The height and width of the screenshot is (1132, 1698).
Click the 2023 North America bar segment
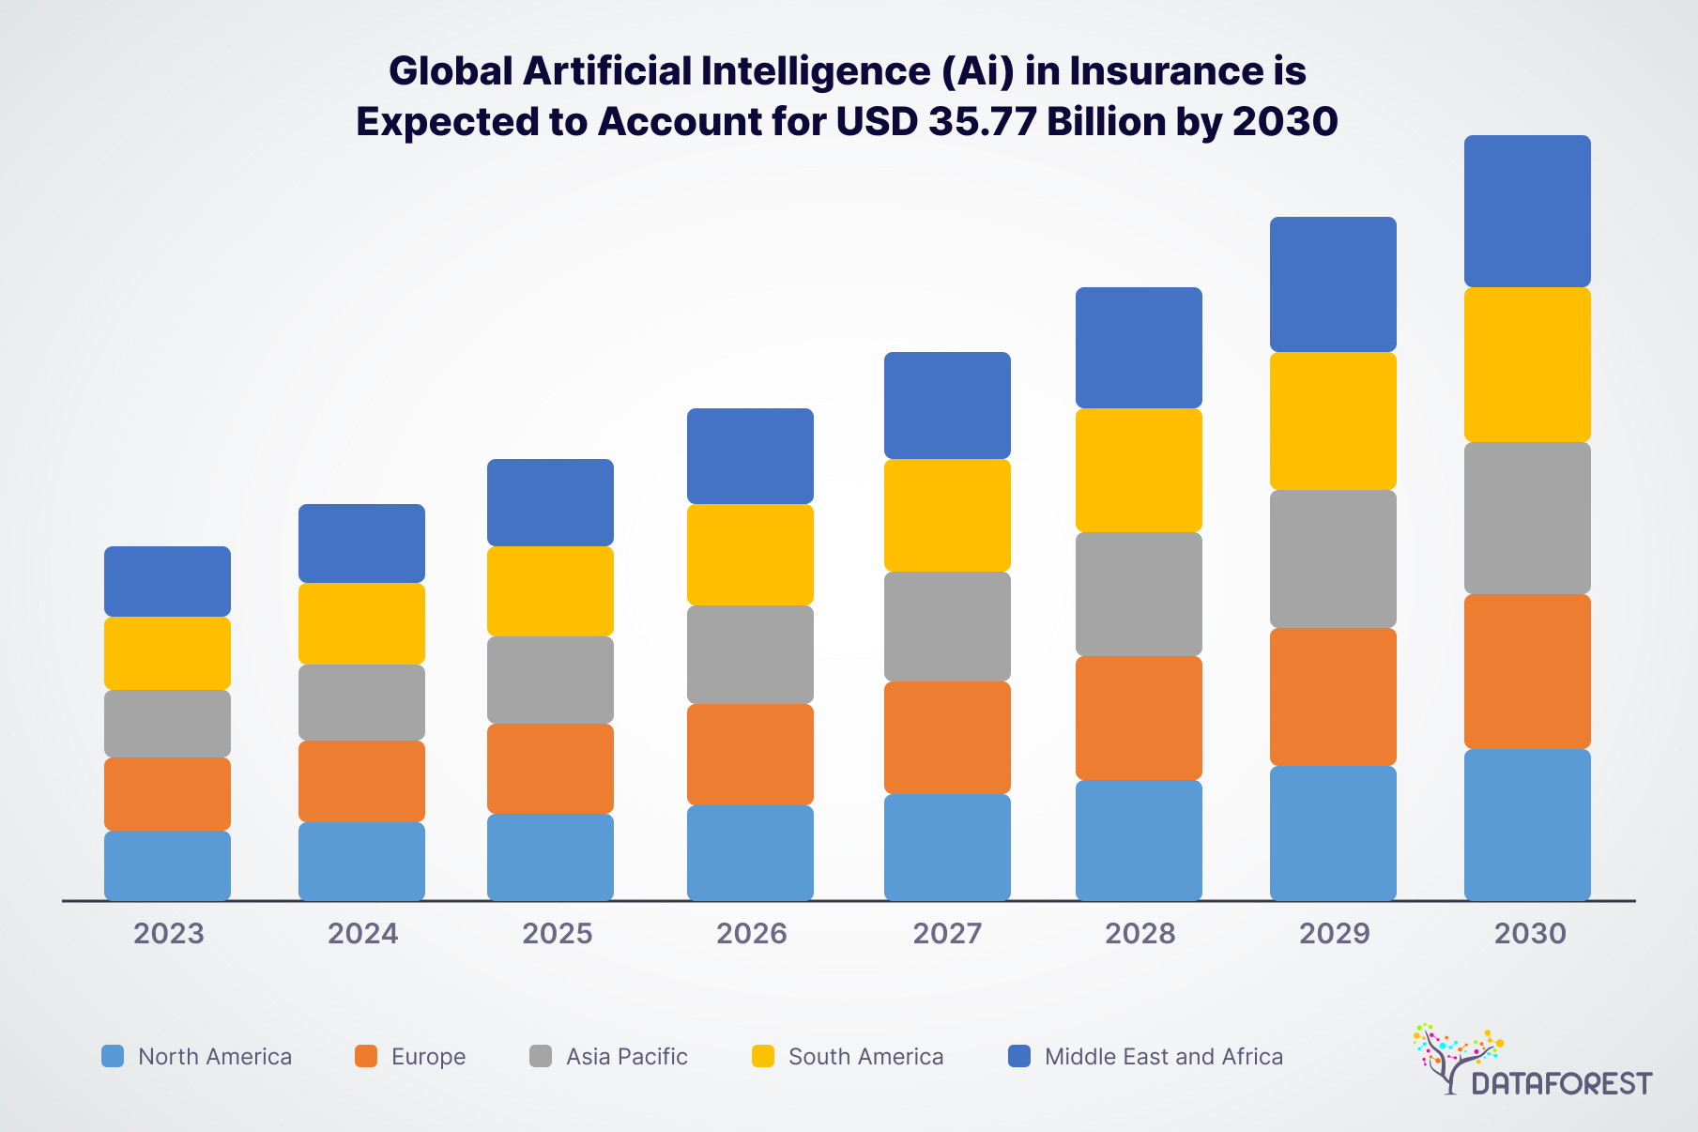pos(167,865)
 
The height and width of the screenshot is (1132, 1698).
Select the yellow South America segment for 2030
pos(1527,364)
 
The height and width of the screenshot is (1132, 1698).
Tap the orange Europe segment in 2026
pos(750,754)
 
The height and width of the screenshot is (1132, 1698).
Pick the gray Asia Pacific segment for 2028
pos(1139,594)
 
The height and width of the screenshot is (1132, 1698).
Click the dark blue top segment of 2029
pos(1333,284)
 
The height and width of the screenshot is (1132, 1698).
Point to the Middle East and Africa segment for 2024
pos(361,543)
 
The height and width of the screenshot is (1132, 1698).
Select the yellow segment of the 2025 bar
pos(550,591)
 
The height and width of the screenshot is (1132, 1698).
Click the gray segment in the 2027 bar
pos(947,626)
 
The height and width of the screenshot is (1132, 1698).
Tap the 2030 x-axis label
pos(1530,933)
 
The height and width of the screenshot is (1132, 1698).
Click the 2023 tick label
pos(169,933)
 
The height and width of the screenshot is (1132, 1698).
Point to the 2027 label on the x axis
pos(947,933)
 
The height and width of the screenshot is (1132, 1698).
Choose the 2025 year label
pos(558,933)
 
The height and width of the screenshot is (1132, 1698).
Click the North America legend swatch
pos(113,1056)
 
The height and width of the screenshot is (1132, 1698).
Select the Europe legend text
pos(428,1057)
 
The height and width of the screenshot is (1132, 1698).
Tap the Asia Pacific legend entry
pos(626,1057)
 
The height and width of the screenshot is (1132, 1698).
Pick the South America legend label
pos(865,1057)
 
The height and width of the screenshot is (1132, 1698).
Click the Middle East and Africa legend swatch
pos(1019,1056)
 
